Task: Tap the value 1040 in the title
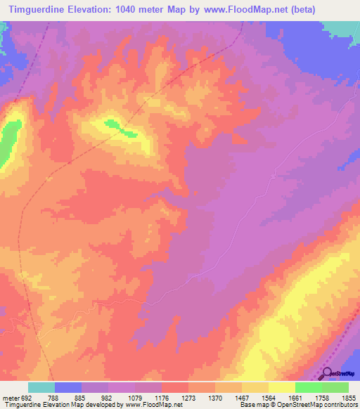(133, 9)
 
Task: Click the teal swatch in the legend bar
(41, 387)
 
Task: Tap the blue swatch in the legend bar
(68, 387)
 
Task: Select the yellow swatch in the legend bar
(281, 387)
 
